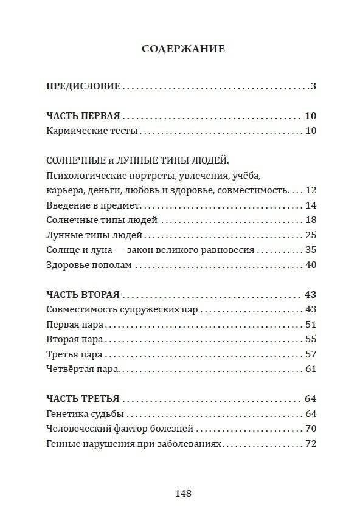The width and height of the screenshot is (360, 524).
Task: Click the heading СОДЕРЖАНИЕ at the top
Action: (183, 49)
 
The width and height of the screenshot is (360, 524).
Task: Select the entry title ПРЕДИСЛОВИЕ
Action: (83, 86)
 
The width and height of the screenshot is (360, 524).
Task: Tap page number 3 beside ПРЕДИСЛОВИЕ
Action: (313, 86)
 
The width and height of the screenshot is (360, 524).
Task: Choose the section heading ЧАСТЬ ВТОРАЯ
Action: (83, 295)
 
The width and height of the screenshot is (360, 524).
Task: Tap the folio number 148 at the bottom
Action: (183, 494)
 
